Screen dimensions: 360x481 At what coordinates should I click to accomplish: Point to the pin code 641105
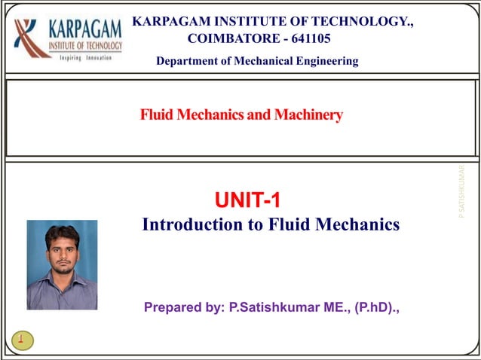point(308,38)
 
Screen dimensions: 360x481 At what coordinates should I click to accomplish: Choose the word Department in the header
point(185,61)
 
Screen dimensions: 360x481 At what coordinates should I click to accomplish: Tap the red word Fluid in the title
point(155,115)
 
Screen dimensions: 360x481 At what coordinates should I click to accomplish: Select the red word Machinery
point(308,115)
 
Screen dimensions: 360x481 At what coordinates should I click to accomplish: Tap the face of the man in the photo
point(62,252)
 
